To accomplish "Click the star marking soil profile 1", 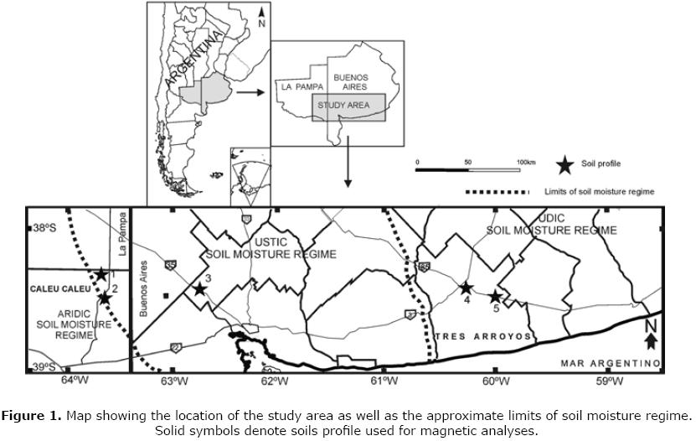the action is (x=101, y=274).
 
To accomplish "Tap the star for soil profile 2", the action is (x=105, y=297).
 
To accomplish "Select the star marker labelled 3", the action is (x=200, y=289).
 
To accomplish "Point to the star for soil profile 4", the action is (x=466, y=288).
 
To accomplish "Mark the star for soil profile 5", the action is (x=495, y=297).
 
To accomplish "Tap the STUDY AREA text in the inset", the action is (x=348, y=106).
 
